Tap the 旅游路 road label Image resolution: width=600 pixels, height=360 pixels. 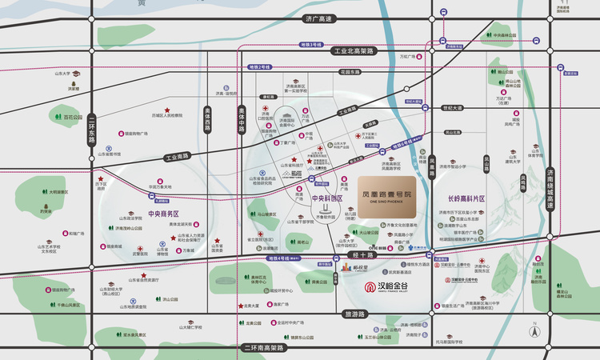353,314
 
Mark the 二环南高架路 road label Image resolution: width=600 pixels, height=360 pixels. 263,349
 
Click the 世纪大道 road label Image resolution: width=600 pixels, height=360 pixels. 453,107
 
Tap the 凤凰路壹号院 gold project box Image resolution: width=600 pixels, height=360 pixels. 390,191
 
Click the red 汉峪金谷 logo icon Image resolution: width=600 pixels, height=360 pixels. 370,288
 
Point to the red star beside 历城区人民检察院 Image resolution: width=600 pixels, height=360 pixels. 167,110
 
